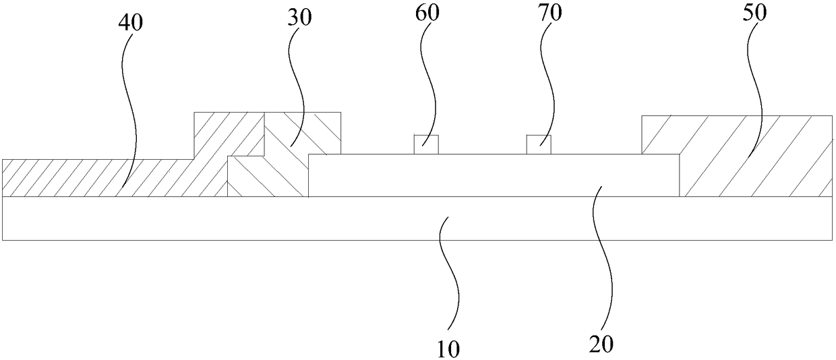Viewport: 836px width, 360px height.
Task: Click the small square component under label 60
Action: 426,144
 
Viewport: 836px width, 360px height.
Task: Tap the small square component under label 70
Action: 539,144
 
